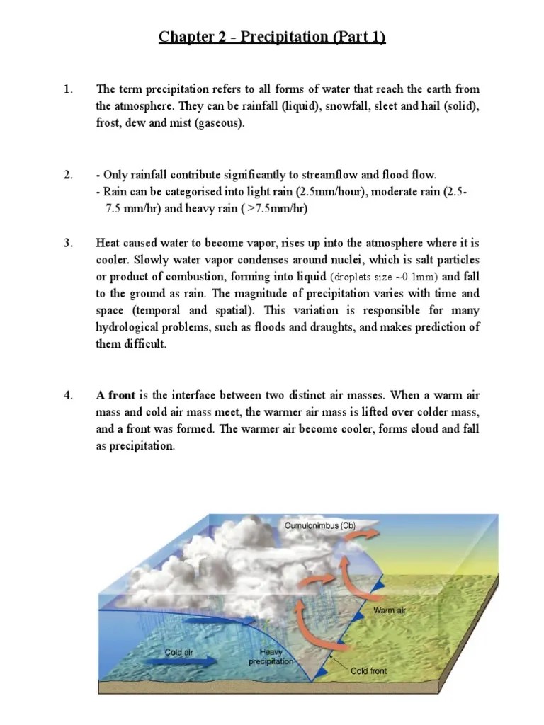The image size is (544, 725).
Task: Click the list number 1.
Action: [x=68, y=89]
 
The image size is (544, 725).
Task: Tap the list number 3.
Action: [x=68, y=244]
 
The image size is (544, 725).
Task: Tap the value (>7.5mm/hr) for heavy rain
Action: [x=274, y=209]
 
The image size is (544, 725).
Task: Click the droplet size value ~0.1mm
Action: [x=409, y=277]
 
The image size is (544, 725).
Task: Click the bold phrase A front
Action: [x=116, y=396]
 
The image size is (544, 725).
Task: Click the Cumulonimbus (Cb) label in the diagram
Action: [x=319, y=526]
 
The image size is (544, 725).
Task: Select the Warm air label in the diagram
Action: [x=389, y=608]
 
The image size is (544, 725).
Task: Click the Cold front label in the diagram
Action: [x=369, y=670]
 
